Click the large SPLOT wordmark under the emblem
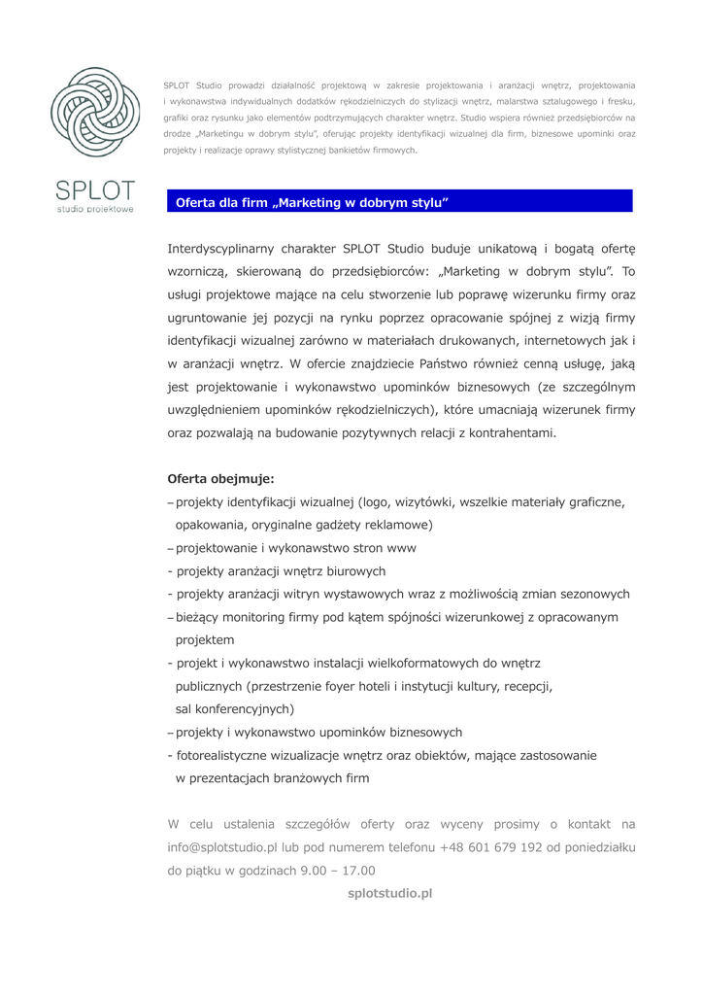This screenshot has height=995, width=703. point(96,190)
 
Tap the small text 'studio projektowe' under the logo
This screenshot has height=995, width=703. point(96,209)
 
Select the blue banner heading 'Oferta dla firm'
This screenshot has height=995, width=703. point(311,202)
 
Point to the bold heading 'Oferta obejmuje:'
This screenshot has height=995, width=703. point(220,479)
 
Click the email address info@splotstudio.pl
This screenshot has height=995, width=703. point(222,847)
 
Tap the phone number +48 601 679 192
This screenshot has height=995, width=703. point(490,847)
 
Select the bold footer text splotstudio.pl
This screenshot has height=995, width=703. point(389,893)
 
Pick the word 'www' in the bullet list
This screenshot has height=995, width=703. point(401,548)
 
